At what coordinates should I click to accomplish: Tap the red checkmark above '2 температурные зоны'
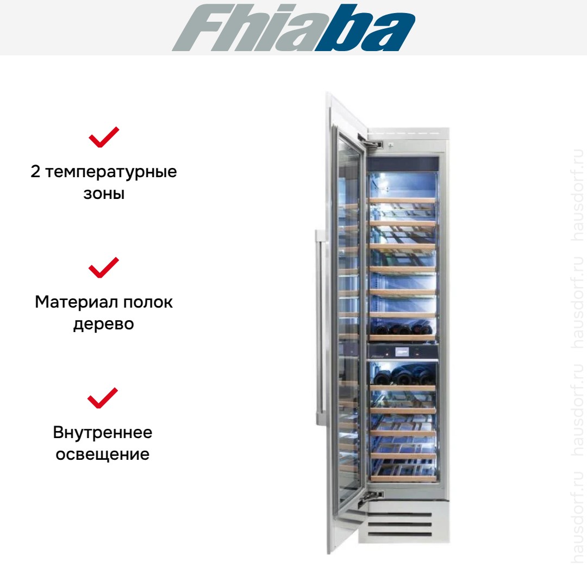[104, 138]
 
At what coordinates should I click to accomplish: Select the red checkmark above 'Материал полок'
[104, 267]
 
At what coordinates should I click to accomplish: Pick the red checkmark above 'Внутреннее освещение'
[103, 398]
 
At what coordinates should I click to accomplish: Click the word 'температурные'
[111, 172]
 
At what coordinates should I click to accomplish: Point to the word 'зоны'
[104, 194]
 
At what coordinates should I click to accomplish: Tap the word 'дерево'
[104, 324]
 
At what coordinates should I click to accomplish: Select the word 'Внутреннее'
[103, 433]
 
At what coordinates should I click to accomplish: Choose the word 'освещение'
[103, 454]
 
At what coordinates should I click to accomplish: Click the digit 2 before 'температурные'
[35, 171]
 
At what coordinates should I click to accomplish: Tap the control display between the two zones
[401, 352]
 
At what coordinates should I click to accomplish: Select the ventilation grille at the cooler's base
[400, 523]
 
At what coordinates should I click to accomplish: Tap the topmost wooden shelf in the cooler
[403, 201]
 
